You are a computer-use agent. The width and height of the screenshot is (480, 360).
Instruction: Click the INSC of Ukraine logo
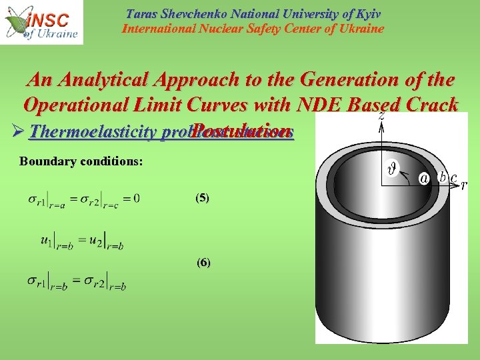coord(41,22)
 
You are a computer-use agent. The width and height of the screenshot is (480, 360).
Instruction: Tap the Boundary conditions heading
coord(81,161)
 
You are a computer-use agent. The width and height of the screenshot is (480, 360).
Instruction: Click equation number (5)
coord(203,198)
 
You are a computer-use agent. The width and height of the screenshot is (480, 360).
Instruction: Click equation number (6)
coord(203,263)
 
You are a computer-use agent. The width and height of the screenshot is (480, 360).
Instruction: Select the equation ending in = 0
coord(83,198)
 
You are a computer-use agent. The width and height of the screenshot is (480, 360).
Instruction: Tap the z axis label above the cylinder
coord(381,115)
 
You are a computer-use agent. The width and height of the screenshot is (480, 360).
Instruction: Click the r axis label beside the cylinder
coord(464,185)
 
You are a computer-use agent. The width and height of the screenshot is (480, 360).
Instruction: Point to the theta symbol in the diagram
coord(393,169)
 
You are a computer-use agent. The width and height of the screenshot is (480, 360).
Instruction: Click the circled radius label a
coord(423,178)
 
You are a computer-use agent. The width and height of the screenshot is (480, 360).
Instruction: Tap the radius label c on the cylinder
coord(453,177)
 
